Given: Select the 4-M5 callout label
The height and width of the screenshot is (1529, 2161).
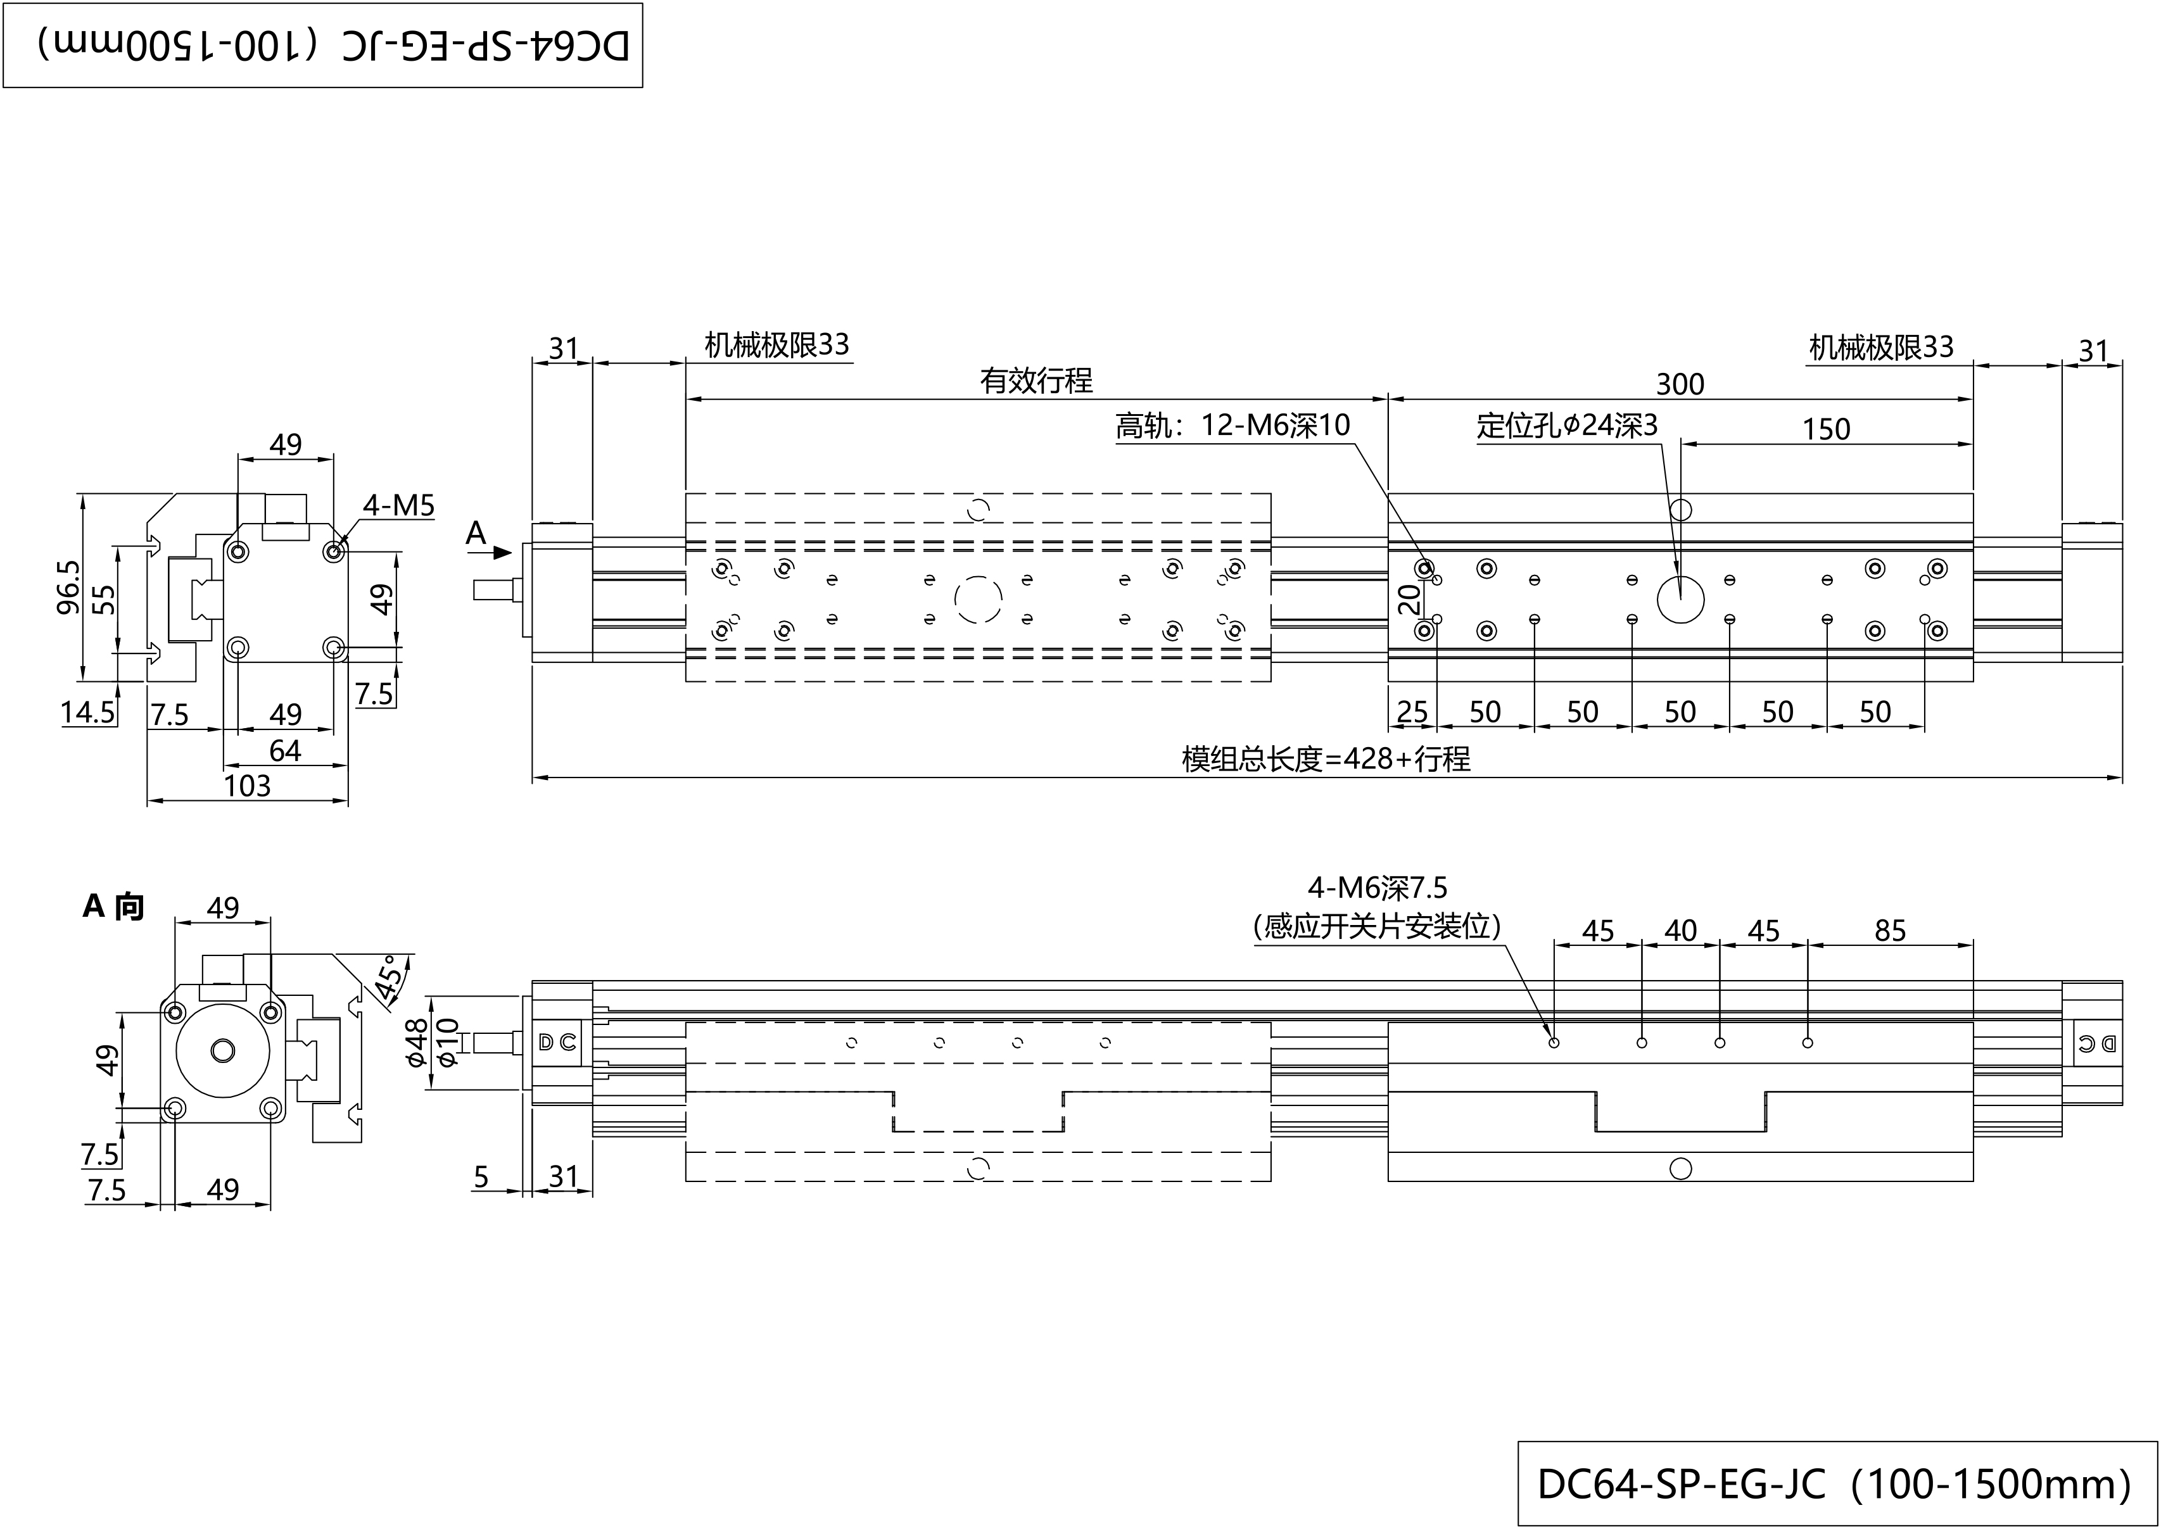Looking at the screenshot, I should [x=399, y=507].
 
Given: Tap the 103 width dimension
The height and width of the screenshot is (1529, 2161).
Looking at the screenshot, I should [x=247, y=786].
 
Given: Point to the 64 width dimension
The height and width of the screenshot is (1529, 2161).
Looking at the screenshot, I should [x=284, y=752].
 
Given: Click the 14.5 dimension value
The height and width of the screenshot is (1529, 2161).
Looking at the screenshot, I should [x=87, y=713].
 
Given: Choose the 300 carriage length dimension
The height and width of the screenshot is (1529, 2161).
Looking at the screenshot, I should [x=1680, y=384].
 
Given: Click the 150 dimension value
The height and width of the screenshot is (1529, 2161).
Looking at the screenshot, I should [x=1826, y=429].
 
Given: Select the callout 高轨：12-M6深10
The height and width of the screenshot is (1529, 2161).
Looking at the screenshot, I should [x=1233, y=427].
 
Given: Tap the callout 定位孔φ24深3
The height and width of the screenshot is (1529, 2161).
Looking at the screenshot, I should [x=1567, y=427].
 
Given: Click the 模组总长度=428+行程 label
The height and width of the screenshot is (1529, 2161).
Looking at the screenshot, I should [x=1326, y=759].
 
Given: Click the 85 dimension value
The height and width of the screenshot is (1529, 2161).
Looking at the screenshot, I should [x=1890, y=931].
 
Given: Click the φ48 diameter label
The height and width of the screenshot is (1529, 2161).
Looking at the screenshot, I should [x=417, y=1043].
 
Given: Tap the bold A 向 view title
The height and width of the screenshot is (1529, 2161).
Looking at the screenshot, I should [x=114, y=907].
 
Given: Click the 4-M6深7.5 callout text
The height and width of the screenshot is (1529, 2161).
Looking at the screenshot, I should [x=1377, y=888].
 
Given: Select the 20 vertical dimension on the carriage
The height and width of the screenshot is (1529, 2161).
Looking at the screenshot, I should [x=1409, y=599].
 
